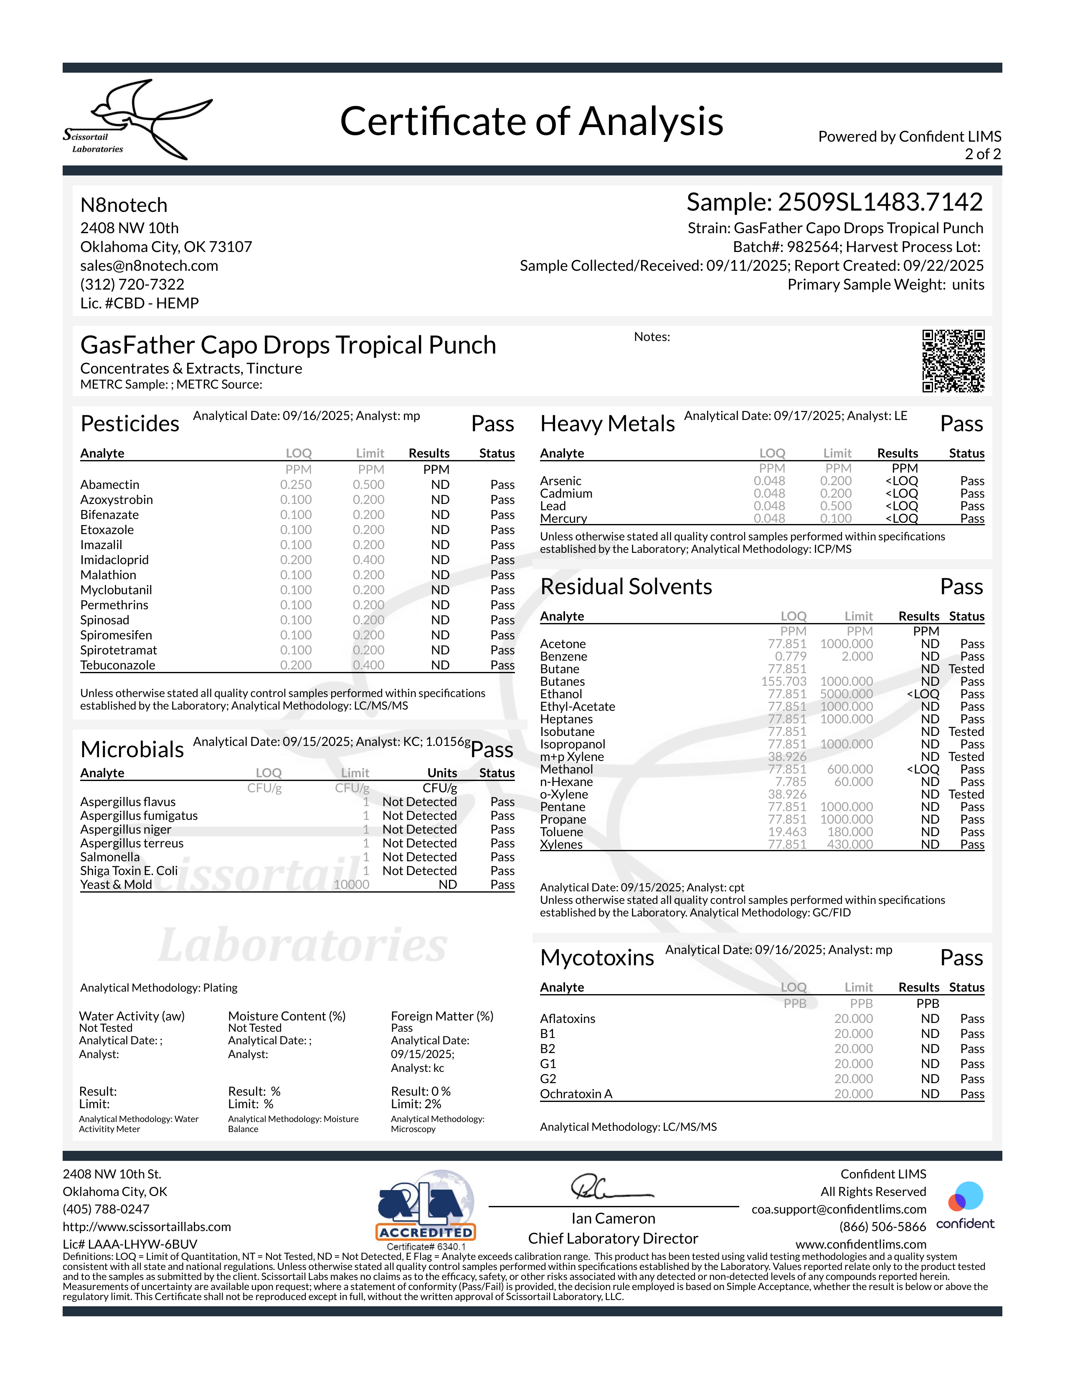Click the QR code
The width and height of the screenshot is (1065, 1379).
point(953,361)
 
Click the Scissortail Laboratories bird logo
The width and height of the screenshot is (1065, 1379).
point(139,119)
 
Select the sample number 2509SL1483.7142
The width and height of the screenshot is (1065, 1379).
point(880,202)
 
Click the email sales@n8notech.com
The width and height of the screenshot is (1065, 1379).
point(149,266)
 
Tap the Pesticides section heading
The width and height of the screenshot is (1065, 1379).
point(130,424)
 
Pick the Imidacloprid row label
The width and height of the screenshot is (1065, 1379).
point(114,560)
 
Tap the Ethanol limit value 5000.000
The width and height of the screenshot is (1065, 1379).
point(846,694)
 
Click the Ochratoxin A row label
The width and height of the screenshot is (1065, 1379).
point(576,1094)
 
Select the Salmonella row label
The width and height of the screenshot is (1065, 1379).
point(110,857)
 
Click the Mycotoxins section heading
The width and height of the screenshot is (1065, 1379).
point(597,958)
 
